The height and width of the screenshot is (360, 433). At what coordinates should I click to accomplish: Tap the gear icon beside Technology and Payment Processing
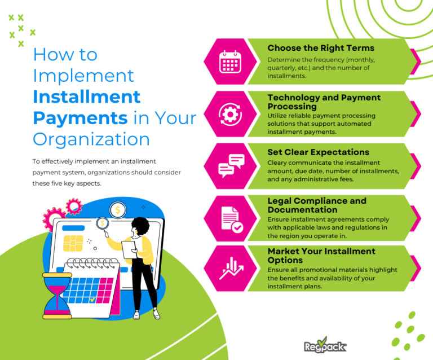(x=229, y=113)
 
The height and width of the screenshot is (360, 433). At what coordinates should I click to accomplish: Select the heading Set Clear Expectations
(x=319, y=152)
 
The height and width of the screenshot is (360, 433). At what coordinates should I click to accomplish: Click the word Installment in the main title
(x=86, y=96)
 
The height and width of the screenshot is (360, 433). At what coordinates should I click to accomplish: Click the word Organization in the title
(x=91, y=139)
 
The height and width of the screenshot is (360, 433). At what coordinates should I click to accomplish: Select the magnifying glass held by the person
(x=103, y=223)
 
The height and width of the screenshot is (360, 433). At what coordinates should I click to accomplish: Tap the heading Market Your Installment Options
(x=321, y=255)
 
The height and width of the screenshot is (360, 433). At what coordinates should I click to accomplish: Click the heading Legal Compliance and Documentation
(x=317, y=205)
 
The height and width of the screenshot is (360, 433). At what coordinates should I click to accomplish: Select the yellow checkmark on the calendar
(x=92, y=300)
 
